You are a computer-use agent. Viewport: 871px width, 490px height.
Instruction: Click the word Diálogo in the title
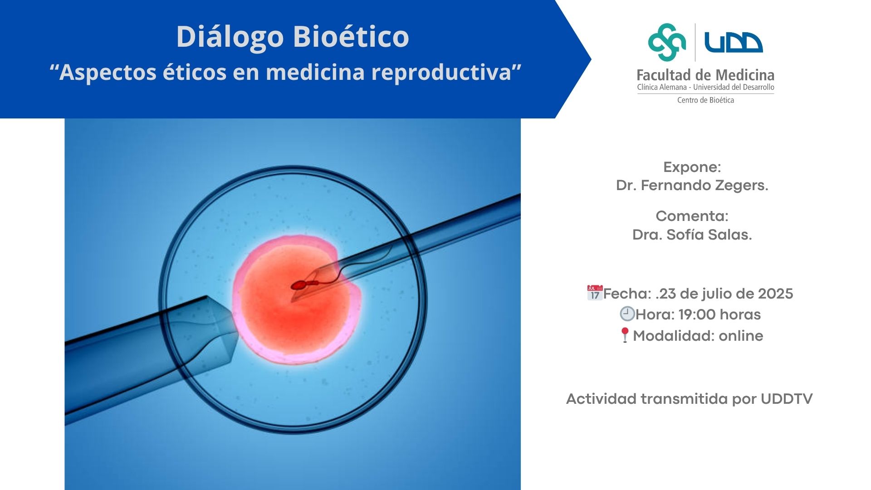[x=230, y=37]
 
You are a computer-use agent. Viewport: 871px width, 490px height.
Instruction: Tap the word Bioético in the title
[x=352, y=36]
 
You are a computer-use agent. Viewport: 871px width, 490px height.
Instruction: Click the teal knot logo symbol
[x=667, y=42]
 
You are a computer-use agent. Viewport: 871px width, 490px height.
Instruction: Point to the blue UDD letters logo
[x=734, y=42]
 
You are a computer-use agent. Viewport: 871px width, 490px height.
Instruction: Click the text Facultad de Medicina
[x=705, y=75]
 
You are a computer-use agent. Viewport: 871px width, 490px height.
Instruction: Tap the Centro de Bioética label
[x=705, y=100]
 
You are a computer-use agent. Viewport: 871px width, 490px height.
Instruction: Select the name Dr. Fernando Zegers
[x=692, y=185]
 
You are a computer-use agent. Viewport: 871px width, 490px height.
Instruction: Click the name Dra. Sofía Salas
[x=692, y=235]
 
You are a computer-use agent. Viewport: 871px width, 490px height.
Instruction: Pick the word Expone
[x=692, y=167]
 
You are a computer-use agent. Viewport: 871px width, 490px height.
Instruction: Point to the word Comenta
[x=692, y=216]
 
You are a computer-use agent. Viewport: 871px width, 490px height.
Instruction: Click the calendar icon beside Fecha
[x=595, y=293]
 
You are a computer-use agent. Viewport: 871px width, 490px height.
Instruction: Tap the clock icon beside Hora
[x=627, y=314]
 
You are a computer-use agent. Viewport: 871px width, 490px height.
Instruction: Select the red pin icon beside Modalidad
[x=625, y=335]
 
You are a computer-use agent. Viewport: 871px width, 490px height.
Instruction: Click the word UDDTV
[x=787, y=399]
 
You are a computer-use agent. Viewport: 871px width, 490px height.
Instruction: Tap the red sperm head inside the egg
[x=299, y=285]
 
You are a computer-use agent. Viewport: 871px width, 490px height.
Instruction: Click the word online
[x=741, y=336]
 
